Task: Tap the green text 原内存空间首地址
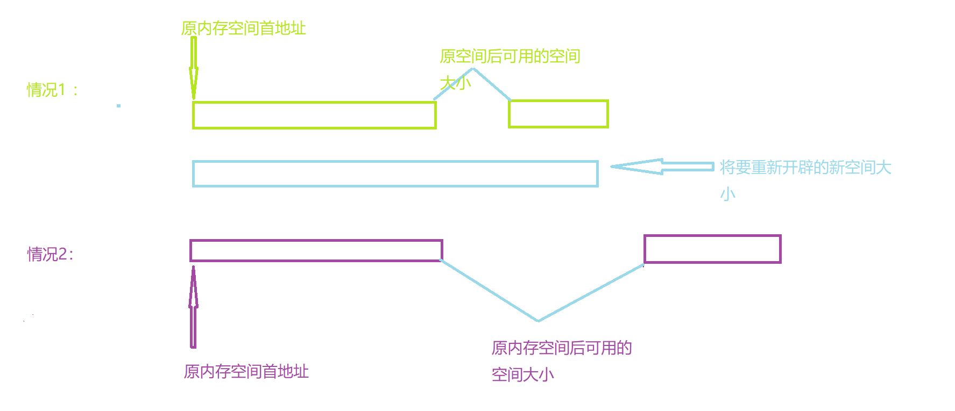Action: (244, 28)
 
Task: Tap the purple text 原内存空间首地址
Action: (246, 371)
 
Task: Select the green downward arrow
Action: (194, 68)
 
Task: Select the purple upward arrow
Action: (193, 307)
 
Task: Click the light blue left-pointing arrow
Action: (662, 167)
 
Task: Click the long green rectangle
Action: (314, 115)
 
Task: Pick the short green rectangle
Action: (558, 114)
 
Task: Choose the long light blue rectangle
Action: (395, 174)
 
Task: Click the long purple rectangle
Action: (316, 250)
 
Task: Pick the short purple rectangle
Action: (712, 249)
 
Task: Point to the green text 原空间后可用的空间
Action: (510, 56)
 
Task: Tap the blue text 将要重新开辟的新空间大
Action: (805, 168)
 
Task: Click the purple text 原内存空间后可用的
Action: (562, 348)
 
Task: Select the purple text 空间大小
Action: (523, 374)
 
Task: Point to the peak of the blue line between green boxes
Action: (473, 69)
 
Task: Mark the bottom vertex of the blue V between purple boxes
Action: (538, 321)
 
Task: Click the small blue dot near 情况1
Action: (118, 106)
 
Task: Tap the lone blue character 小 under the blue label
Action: (728, 194)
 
